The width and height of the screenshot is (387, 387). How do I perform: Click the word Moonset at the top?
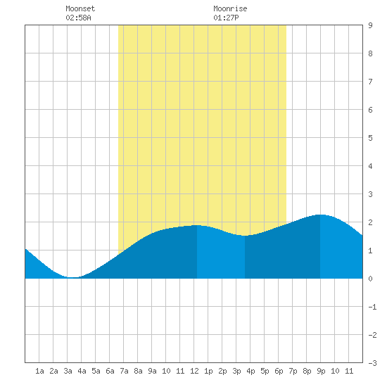[x=80, y=8]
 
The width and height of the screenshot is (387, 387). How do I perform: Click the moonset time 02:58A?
[x=78, y=18]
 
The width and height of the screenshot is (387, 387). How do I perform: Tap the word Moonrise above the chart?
[x=230, y=8]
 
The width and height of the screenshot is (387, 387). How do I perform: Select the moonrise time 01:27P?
[x=226, y=18]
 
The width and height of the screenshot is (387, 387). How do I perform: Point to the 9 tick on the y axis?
[x=370, y=25]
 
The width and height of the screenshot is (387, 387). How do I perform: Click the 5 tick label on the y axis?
[x=370, y=138]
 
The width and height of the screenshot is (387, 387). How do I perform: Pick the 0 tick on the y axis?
[x=370, y=279]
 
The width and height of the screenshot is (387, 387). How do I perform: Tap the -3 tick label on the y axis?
[x=372, y=363]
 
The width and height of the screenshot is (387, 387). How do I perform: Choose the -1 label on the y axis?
[x=372, y=307]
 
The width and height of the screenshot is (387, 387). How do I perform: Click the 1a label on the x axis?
[x=39, y=371]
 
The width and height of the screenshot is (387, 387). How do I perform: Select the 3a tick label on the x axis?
[x=68, y=371]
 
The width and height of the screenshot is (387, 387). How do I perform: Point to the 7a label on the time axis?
[x=124, y=371]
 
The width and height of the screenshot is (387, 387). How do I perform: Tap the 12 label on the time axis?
[x=194, y=371]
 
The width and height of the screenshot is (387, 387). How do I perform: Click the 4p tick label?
[x=250, y=371]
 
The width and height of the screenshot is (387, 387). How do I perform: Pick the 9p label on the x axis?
[x=321, y=371]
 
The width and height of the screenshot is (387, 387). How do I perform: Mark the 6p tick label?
[x=279, y=371]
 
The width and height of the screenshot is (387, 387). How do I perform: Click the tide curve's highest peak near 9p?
[x=320, y=215]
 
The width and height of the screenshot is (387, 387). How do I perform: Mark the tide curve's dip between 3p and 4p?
[x=244, y=236]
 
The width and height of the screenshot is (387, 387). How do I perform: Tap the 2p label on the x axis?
[x=222, y=371]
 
